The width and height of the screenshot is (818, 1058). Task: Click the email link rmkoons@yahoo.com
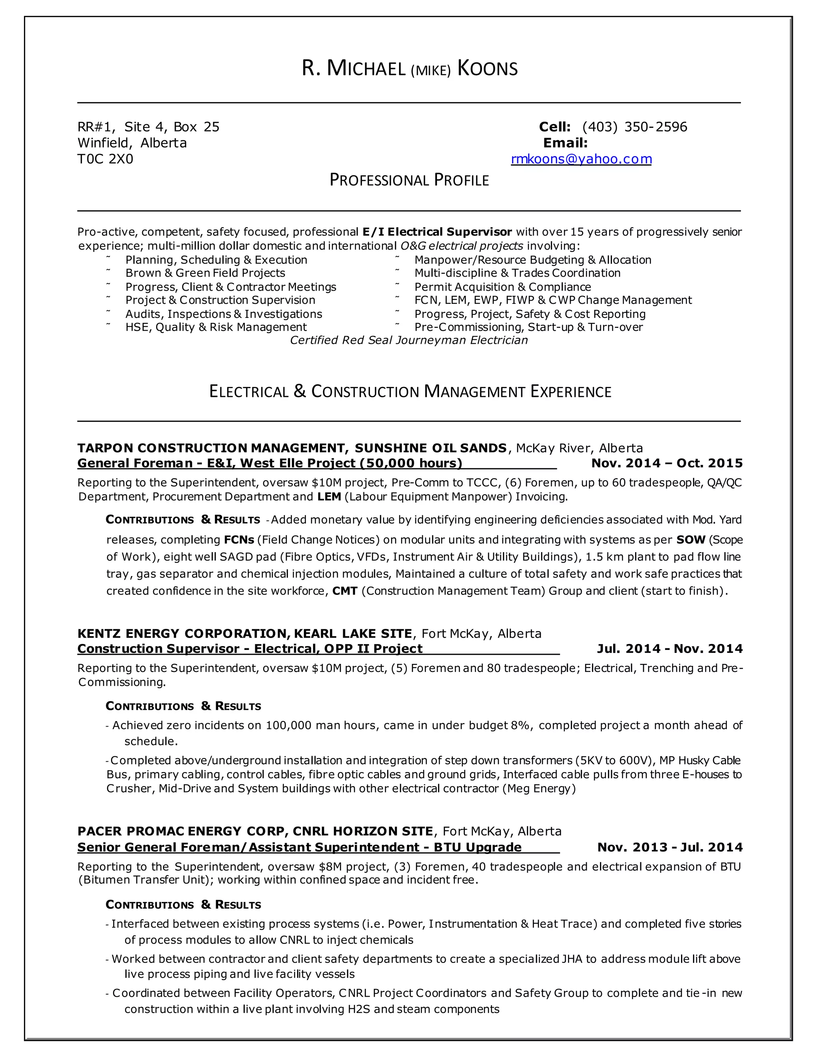point(581,159)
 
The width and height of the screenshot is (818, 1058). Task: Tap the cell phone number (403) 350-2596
point(634,127)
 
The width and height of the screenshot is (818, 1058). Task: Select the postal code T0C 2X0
point(105,159)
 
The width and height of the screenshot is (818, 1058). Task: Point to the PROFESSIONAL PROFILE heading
point(409,180)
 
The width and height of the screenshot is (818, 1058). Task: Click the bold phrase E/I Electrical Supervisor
point(437,232)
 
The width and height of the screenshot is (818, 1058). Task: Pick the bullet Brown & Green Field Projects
point(205,273)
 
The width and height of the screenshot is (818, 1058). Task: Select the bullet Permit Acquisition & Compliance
point(502,287)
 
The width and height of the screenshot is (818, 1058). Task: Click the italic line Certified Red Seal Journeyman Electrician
point(409,340)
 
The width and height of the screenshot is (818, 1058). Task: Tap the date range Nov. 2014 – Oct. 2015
point(667,463)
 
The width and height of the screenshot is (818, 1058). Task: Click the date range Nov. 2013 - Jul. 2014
point(670,847)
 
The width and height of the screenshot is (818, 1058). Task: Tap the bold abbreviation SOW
point(690,540)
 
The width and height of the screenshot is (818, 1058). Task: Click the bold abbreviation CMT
point(345,591)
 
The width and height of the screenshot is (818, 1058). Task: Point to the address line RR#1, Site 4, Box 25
point(148,127)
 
